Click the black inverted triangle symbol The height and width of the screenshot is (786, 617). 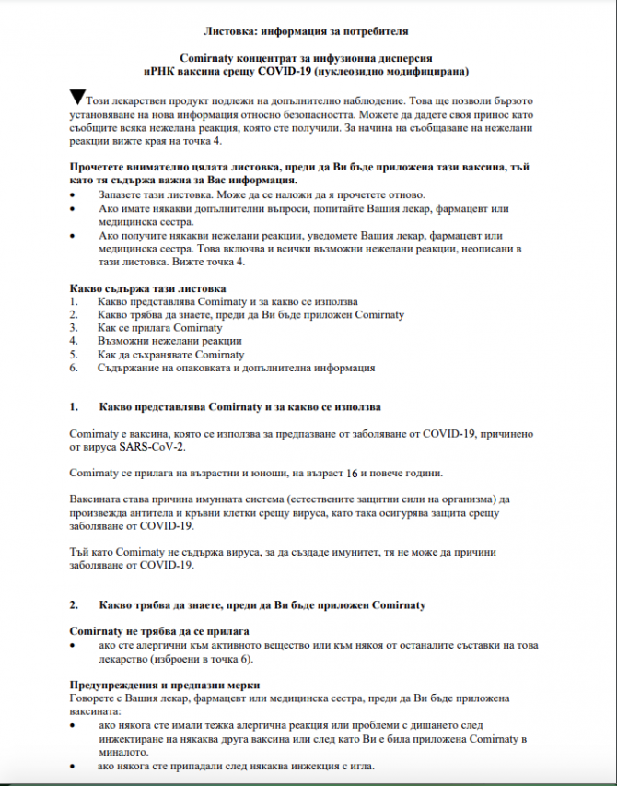point(77,95)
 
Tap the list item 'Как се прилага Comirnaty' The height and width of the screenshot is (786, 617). point(159,328)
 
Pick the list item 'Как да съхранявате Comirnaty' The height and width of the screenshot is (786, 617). point(170,354)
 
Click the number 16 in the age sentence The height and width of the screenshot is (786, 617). point(352,474)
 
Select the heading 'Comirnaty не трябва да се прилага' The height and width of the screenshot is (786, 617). point(159,632)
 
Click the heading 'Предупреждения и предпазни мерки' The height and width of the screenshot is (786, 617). point(165,686)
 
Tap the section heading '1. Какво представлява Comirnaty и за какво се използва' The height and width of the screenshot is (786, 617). point(239,406)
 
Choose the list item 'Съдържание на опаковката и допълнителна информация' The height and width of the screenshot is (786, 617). point(236,368)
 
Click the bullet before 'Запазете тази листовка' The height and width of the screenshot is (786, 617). point(74,195)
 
